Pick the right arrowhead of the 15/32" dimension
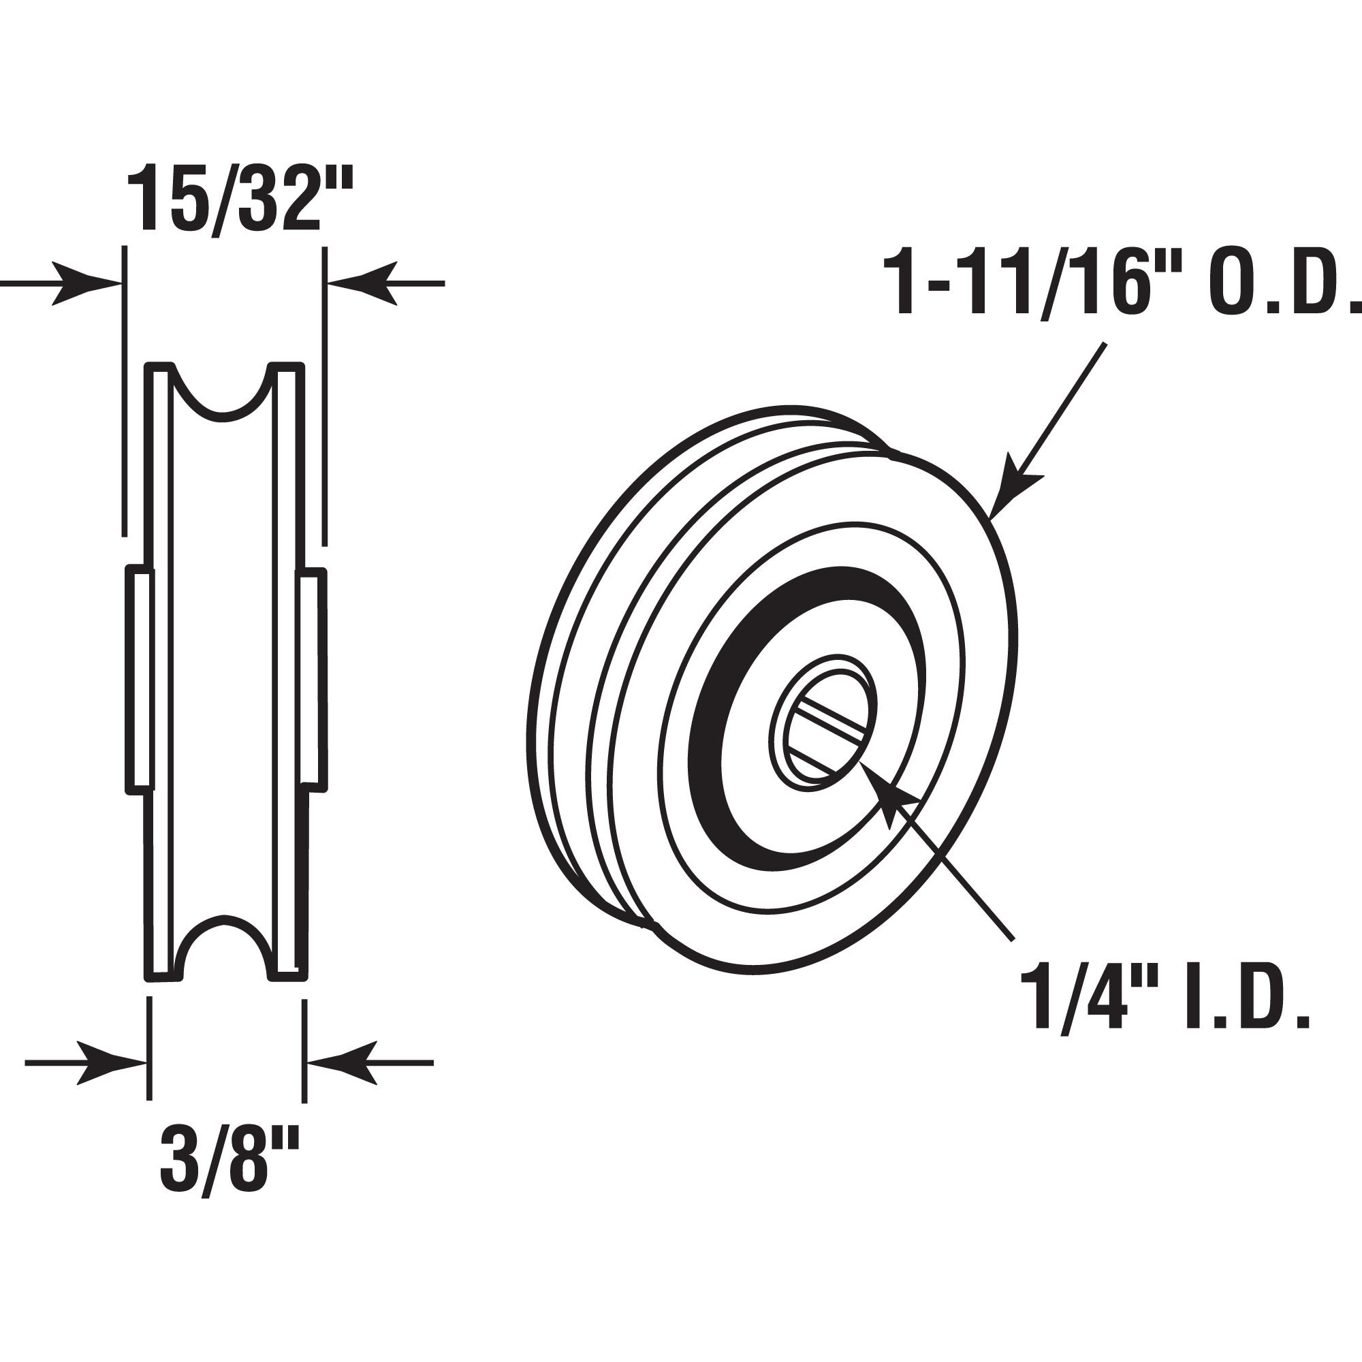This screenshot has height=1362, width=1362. click(363, 283)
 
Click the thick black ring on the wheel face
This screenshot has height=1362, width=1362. click(712, 719)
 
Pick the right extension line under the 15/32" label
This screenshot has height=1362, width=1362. click(324, 395)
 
